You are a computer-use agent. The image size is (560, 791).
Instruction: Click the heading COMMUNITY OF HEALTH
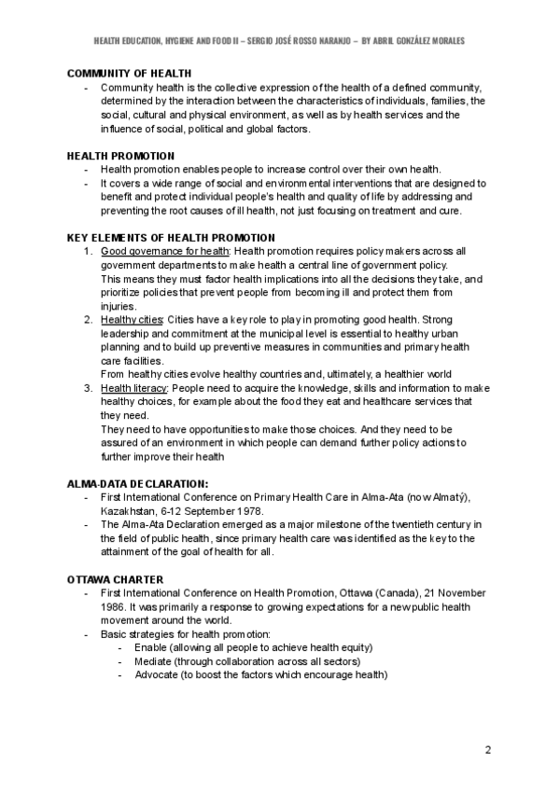(129, 73)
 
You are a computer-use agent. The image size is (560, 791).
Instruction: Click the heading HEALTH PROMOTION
(120, 156)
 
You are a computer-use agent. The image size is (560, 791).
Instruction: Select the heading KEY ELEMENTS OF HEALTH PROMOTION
(171, 238)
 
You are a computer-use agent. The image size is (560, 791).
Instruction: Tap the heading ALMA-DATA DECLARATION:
(137, 484)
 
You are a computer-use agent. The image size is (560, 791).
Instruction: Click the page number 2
(487, 750)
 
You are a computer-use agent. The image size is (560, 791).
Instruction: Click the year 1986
(116, 606)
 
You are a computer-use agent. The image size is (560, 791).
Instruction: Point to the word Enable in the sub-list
(149, 647)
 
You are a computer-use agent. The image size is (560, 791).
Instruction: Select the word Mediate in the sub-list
(153, 661)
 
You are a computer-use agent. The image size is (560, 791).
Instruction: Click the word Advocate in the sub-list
(156, 675)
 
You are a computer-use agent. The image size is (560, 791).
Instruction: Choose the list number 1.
(87, 251)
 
